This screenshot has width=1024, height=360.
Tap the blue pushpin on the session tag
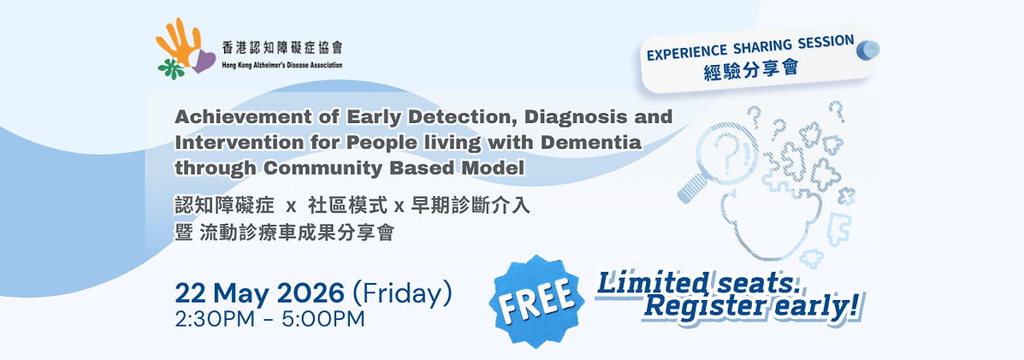click(867, 50)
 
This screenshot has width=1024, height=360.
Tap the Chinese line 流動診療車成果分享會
click(296, 233)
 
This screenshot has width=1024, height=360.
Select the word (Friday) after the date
click(402, 293)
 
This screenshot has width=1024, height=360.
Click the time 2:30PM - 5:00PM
click(269, 320)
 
